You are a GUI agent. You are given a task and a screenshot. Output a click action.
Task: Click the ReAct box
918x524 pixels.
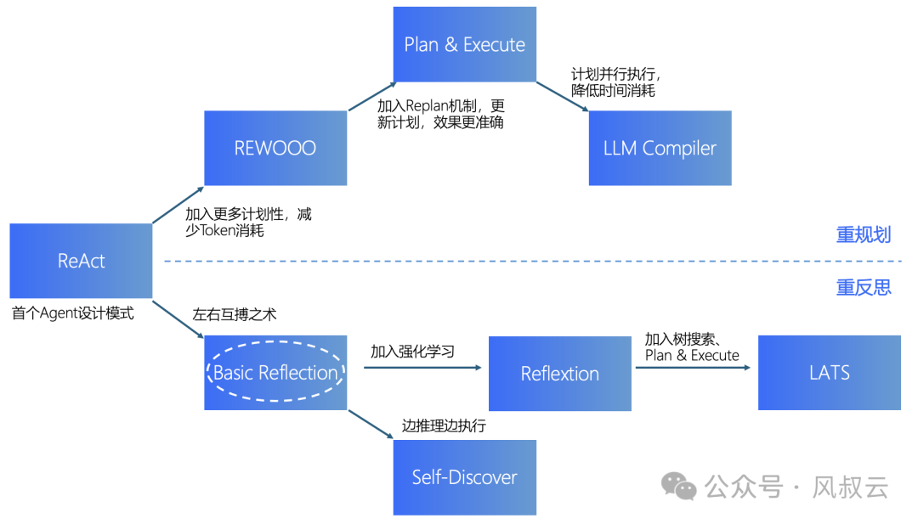[81, 261]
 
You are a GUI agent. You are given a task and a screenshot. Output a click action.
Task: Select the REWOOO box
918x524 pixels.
[275, 148]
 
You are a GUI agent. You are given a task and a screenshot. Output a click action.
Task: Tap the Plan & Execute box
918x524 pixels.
[464, 44]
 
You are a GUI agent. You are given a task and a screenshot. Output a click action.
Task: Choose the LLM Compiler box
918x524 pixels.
[660, 148]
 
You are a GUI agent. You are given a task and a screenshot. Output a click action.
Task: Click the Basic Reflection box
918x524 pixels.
[275, 373]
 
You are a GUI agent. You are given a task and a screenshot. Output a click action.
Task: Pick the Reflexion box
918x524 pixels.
[559, 374]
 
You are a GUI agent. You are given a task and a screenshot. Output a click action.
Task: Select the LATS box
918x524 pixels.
[829, 373]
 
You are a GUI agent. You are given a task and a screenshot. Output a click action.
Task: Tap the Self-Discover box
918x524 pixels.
[464, 477]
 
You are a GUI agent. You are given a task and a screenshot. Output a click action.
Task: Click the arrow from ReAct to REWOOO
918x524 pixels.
[178, 205]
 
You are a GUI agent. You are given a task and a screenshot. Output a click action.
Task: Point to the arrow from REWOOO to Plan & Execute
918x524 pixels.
[372, 96]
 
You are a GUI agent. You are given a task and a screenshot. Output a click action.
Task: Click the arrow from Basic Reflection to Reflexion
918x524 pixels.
[422, 368]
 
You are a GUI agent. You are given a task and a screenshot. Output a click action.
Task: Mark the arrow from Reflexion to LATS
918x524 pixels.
[692, 368]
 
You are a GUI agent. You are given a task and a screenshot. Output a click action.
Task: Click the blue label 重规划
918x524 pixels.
[863, 235]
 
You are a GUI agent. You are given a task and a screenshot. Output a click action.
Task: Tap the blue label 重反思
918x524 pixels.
[863, 288]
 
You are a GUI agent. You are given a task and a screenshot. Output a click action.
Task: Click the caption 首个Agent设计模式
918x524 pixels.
[73, 313]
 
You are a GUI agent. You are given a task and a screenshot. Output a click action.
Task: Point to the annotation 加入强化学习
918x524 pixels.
[411, 351]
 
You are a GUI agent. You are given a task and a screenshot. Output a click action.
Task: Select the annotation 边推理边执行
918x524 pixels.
[444, 425]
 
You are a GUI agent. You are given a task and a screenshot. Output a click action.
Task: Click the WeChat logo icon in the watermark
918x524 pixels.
[680, 486]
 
